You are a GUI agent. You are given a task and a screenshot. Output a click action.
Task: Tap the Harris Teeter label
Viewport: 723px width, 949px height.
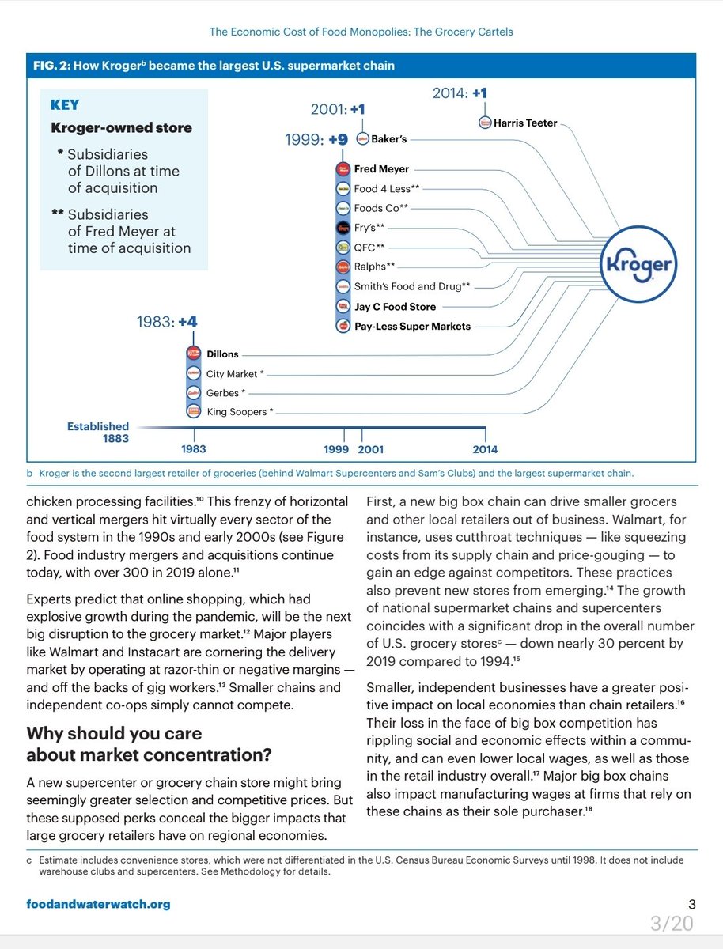click(525, 123)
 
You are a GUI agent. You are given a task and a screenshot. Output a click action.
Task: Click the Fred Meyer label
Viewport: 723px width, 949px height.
click(381, 168)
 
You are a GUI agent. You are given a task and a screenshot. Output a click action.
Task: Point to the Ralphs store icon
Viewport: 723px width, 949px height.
click(343, 267)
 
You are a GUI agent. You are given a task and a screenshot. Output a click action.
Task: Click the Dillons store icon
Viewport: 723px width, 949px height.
click(193, 354)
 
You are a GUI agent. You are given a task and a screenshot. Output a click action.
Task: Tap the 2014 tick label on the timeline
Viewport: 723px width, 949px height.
click(485, 449)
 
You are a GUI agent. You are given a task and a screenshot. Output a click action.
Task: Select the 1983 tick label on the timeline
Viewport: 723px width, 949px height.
click(193, 449)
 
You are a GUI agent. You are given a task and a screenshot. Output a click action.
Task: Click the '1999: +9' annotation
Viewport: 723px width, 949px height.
click(316, 140)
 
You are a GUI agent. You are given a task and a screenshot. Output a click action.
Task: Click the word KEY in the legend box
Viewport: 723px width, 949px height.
click(65, 105)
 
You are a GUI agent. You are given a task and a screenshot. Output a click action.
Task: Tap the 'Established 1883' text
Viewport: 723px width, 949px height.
click(97, 432)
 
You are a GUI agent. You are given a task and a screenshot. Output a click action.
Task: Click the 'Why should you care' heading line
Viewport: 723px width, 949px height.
click(114, 733)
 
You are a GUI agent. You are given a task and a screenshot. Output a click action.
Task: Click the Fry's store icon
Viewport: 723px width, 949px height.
click(343, 228)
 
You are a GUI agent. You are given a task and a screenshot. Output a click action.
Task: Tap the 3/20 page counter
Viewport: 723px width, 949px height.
click(672, 923)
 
